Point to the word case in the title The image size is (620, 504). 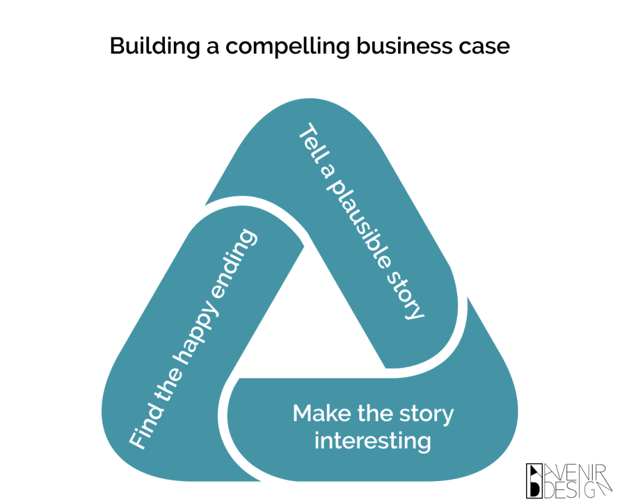485,46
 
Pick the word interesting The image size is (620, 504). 372,440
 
